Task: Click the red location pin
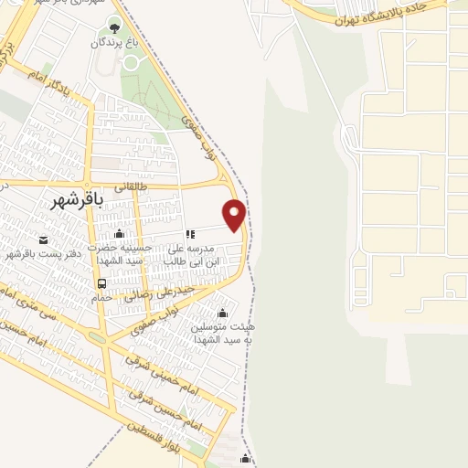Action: [235, 215]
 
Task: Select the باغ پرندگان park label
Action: [114, 43]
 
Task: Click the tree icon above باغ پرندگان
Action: [114, 25]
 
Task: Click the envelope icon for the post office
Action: [43, 239]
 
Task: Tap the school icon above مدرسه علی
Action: [190, 234]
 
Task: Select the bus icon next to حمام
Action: [101, 283]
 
